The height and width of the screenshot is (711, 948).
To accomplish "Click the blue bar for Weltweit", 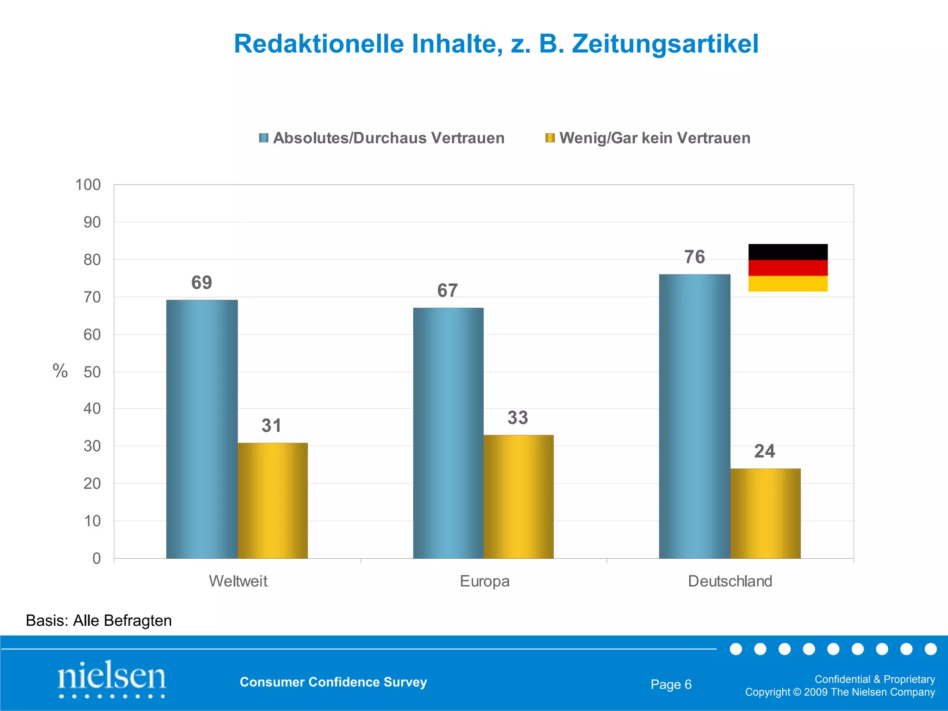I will coord(202,429).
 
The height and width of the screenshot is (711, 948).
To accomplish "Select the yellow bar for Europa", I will coord(518,497).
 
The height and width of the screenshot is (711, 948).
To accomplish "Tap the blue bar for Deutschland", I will coord(694,416).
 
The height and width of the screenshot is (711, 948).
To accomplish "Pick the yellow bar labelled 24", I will coord(765,513).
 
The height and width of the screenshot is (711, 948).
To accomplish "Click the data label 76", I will coord(694,257).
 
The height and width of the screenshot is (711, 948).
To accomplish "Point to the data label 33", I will coord(518,418).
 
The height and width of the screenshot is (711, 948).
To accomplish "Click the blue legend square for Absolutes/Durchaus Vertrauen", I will coord(264,138).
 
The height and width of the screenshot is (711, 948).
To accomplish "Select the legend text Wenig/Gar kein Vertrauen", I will coord(655,138).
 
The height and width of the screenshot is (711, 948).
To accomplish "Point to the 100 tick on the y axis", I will coord(88,185).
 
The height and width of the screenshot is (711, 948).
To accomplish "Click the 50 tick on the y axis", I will coord(92,372).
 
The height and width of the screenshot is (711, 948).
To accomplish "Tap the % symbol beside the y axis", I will coord(60,371).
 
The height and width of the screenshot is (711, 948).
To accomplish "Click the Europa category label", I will coord(484,581).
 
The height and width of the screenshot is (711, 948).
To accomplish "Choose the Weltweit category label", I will coord(238,581).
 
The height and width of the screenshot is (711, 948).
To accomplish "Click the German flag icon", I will coord(788,268).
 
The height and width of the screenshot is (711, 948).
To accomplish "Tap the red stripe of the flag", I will coord(788,268).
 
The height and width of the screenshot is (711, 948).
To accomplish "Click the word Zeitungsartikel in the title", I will coord(665,44).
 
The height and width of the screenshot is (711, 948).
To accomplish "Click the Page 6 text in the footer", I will coord(671,684).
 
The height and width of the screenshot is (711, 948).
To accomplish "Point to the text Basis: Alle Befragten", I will coord(99,620).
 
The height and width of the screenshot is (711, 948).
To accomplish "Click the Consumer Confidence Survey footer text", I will coord(333,682).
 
